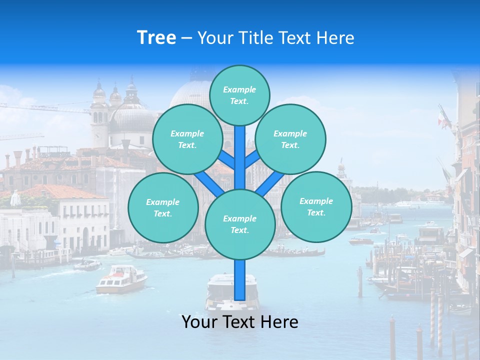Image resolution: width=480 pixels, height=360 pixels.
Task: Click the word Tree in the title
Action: click(156, 38)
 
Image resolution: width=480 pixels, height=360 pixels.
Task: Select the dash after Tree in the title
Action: click(186, 38)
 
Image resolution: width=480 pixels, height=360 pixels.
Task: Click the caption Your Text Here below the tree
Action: click(240, 322)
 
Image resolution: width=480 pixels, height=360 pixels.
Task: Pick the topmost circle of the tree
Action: click(239, 95)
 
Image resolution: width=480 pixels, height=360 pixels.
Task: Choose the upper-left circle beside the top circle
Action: click(187, 139)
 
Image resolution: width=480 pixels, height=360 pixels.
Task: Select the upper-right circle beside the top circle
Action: click(290, 139)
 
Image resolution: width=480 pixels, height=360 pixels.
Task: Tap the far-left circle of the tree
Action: click(162, 207)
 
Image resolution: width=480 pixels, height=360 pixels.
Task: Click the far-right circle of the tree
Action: click(316, 206)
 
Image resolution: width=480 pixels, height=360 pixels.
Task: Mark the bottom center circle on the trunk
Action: click(240, 224)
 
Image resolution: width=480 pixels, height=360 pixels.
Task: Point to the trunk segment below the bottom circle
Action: click(240, 280)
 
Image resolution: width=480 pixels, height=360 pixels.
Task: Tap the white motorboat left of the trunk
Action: click(121, 279)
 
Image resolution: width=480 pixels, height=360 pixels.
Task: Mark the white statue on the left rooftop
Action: click(15, 198)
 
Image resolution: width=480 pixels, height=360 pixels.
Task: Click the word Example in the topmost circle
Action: click(239, 89)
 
